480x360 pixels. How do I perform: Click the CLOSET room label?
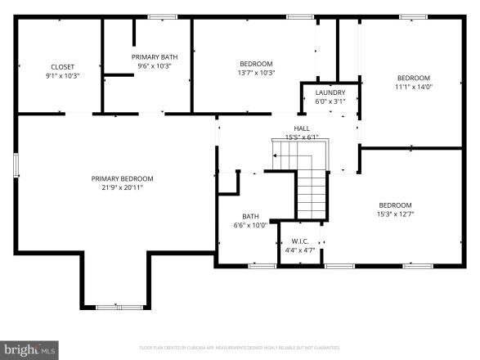coord(62,65)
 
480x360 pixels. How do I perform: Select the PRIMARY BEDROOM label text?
coord(122,178)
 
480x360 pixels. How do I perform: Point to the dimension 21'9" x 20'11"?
coord(122,187)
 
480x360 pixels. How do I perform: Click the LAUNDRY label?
coord(330,92)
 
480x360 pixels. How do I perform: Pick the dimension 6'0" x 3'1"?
coord(330,101)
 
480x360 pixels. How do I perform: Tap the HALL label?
coord(302,128)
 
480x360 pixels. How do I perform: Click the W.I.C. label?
coord(299,241)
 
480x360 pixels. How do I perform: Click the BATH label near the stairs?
coord(250,216)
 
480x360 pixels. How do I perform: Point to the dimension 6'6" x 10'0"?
coord(250,225)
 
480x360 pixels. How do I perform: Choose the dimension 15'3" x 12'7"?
coord(395,214)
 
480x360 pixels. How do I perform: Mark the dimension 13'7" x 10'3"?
coord(256,72)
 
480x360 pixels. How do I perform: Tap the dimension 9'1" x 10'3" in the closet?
coord(62,74)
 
